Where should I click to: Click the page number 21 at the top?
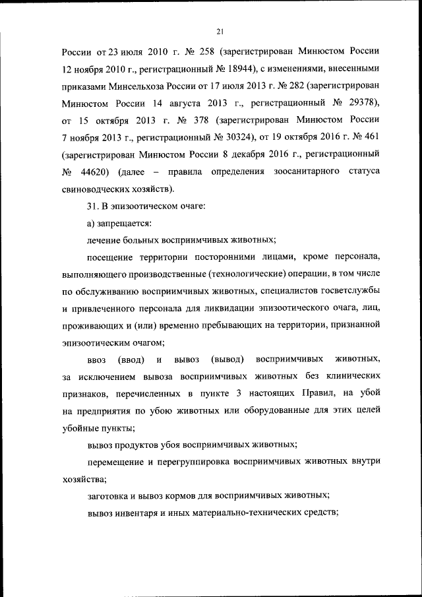coord(220,29)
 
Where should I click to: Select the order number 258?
coord(206,51)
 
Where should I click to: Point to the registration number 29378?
coord(356,104)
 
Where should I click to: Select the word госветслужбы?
coord(348,290)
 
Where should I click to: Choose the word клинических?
coord(351,377)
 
